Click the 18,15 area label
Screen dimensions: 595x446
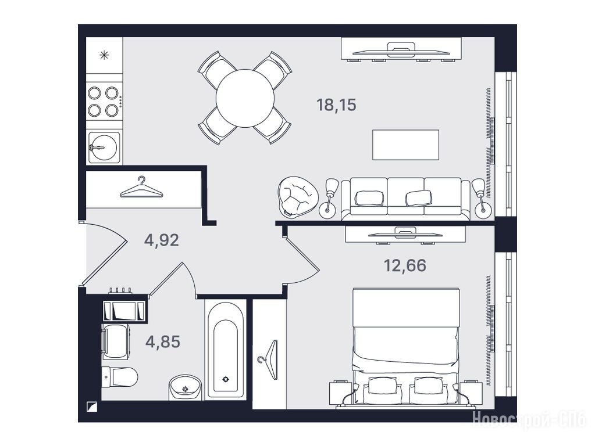[336, 105]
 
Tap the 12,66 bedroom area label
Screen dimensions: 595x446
[405, 265]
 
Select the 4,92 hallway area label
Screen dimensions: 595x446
[161, 240]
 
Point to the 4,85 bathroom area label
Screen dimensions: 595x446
[162, 342]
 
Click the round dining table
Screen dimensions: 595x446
[245, 98]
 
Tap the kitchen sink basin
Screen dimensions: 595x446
[102, 148]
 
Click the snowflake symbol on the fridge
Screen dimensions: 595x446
[104, 55]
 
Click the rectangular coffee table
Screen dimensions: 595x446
[405, 145]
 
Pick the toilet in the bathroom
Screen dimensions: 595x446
[120, 377]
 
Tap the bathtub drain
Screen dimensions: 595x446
[226, 379]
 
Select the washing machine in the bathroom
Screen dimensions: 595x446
[115, 341]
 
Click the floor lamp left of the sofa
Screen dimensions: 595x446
[329, 199]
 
